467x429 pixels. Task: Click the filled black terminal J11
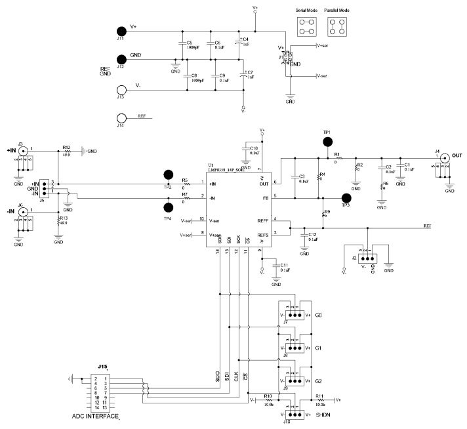click(x=121, y=31)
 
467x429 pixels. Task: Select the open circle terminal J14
click(x=121, y=119)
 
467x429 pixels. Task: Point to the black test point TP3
click(x=347, y=197)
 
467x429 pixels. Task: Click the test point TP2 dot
click(x=169, y=174)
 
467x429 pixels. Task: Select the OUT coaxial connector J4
click(x=444, y=158)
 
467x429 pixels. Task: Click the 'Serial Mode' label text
click(x=306, y=11)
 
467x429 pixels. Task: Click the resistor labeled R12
click(x=66, y=150)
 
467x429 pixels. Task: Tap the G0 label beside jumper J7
click(x=319, y=316)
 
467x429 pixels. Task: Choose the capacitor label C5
click(x=189, y=43)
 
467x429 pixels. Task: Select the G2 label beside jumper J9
click(x=319, y=380)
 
